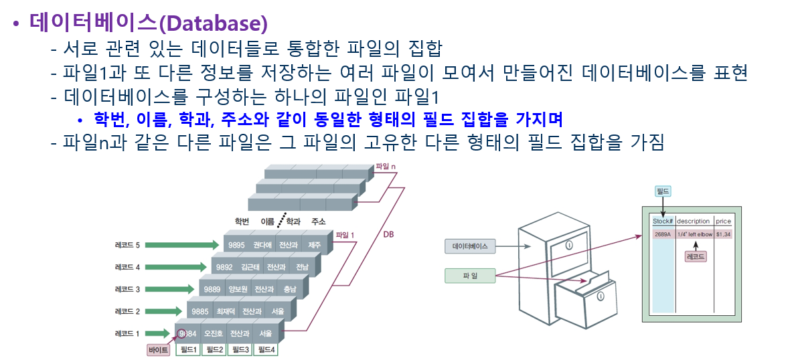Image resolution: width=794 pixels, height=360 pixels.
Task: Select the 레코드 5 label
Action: (x=128, y=246)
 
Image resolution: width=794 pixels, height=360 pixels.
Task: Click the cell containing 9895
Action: (x=236, y=245)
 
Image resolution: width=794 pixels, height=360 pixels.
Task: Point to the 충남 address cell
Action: (x=289, y=289)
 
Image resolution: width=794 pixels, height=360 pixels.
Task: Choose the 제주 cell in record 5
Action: (x=314, y=245)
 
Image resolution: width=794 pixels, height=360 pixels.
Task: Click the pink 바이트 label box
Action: (x=159, y=349)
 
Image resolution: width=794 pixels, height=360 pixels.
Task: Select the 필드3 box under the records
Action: (x=240, y=349)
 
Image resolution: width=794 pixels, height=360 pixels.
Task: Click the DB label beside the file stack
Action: (x=388, y=235)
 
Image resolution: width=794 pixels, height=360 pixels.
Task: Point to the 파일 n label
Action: (x=387, y=165)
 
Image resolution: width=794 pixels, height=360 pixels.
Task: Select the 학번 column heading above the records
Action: (x=242, y=221)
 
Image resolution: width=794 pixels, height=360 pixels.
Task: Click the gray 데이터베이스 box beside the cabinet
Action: (x=469, y=246)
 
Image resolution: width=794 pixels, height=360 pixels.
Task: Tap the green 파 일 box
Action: (x=469, y=274)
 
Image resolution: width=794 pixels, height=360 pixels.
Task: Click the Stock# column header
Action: (x=662, y=221)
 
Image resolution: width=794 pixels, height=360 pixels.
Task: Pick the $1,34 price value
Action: (x=723, y=234)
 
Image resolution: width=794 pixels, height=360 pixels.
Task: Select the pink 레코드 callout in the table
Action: (x=696, y=256)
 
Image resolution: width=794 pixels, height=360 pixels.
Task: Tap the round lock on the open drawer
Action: (x=601, y=295)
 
